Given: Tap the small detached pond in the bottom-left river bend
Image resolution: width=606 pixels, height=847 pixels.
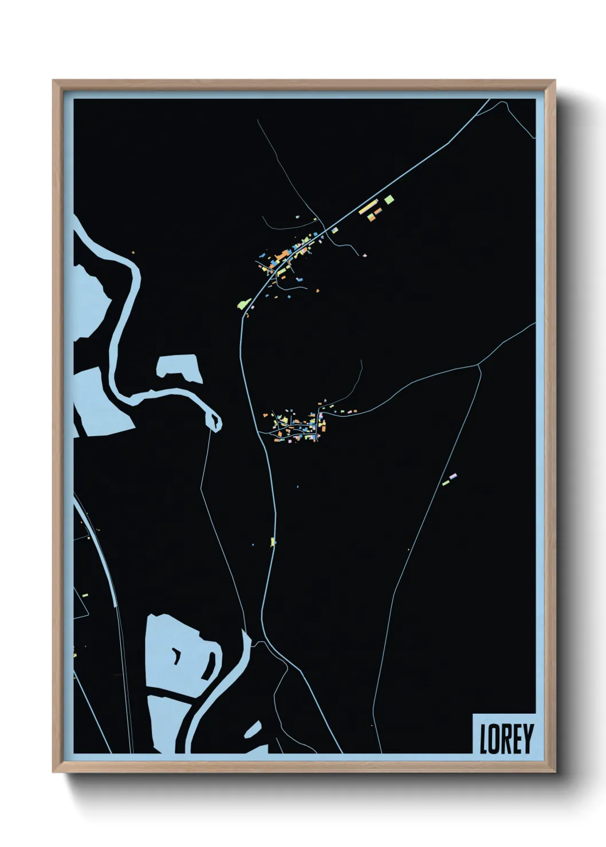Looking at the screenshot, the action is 252,731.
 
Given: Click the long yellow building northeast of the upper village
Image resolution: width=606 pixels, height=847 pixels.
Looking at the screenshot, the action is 368,207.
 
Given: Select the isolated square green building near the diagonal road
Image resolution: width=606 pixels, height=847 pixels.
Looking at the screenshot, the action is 389,199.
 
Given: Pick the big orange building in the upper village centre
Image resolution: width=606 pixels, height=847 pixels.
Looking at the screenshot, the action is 282,254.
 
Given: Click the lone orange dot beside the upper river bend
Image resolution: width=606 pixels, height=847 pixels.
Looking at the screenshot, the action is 133,252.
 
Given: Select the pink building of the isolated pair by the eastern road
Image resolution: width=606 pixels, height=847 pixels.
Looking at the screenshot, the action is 453,476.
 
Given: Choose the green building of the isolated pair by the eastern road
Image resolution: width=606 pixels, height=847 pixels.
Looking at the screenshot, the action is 446,483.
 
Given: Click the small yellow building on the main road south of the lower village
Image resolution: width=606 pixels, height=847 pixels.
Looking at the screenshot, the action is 273,541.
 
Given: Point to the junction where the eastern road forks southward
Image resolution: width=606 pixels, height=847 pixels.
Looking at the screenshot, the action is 479,364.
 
